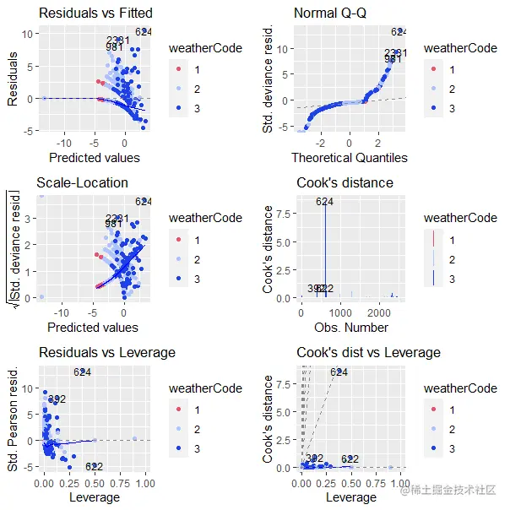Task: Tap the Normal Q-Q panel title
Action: [x=333, y=14]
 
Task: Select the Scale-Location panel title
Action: [x=82, y=182]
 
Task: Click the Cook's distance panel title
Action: [x=345, y=182]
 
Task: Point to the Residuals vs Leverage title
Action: [x=106, y=352]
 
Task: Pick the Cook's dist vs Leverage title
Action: [x=367, y=352]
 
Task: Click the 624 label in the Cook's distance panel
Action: [x=325, y=201]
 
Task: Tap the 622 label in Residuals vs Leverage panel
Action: [x=94, y=467]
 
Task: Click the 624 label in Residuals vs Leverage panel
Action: [x=82, y=372]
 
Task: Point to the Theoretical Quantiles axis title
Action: [x=350, y=158]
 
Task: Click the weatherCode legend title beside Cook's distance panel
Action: [x=460, y=218]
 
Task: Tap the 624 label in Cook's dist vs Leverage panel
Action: [x=339, y=372]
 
